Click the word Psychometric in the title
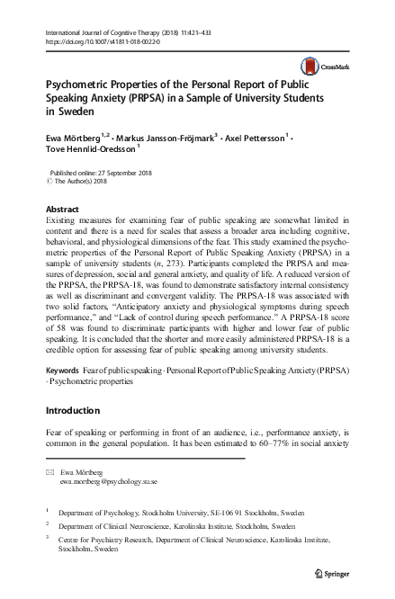point(76,81)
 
